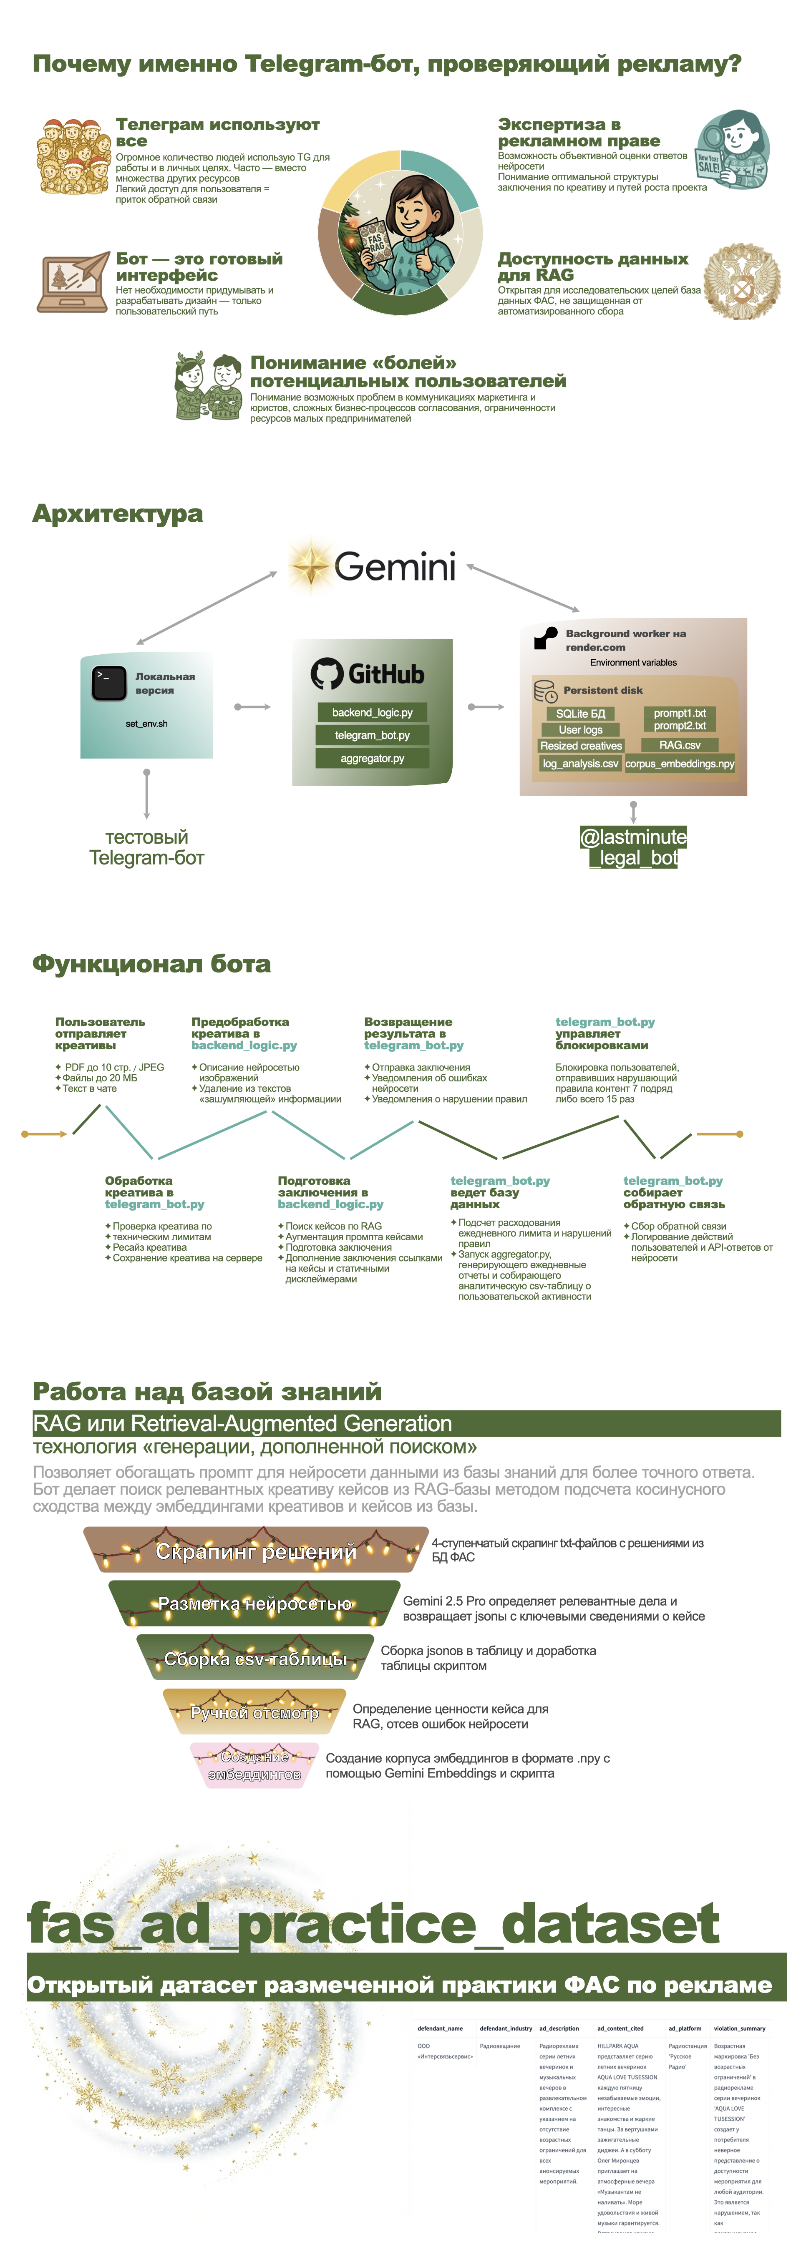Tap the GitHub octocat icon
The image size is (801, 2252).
pos(326,673)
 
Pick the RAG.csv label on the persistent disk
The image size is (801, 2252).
pos(680,745)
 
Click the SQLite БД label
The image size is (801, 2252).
pos(580,714)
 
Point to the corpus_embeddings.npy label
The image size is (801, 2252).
pos(680,763)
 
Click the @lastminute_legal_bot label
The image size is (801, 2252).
pos(633,847)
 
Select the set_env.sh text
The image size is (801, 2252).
pos(146,724)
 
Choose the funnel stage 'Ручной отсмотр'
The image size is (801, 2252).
pos(254,1713)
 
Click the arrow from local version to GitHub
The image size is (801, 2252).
pos(253,706)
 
